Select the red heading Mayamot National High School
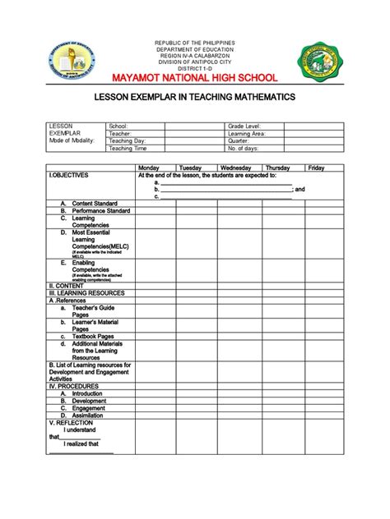tap(195, 79)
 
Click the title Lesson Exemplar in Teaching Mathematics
tap(195, 98)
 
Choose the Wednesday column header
tap(235, 168)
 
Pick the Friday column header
tap(316, 168)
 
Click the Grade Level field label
tap(244, 126)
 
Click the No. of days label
tap(244, 148)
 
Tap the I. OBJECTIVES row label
tap(69, 176)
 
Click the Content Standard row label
tap(95, 203)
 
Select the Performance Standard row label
tap(101, 210)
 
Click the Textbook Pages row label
tap(92, 336)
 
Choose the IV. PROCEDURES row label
tap(73, 386)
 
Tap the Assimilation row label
tap(87, 415)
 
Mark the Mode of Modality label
tap(72, 140)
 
